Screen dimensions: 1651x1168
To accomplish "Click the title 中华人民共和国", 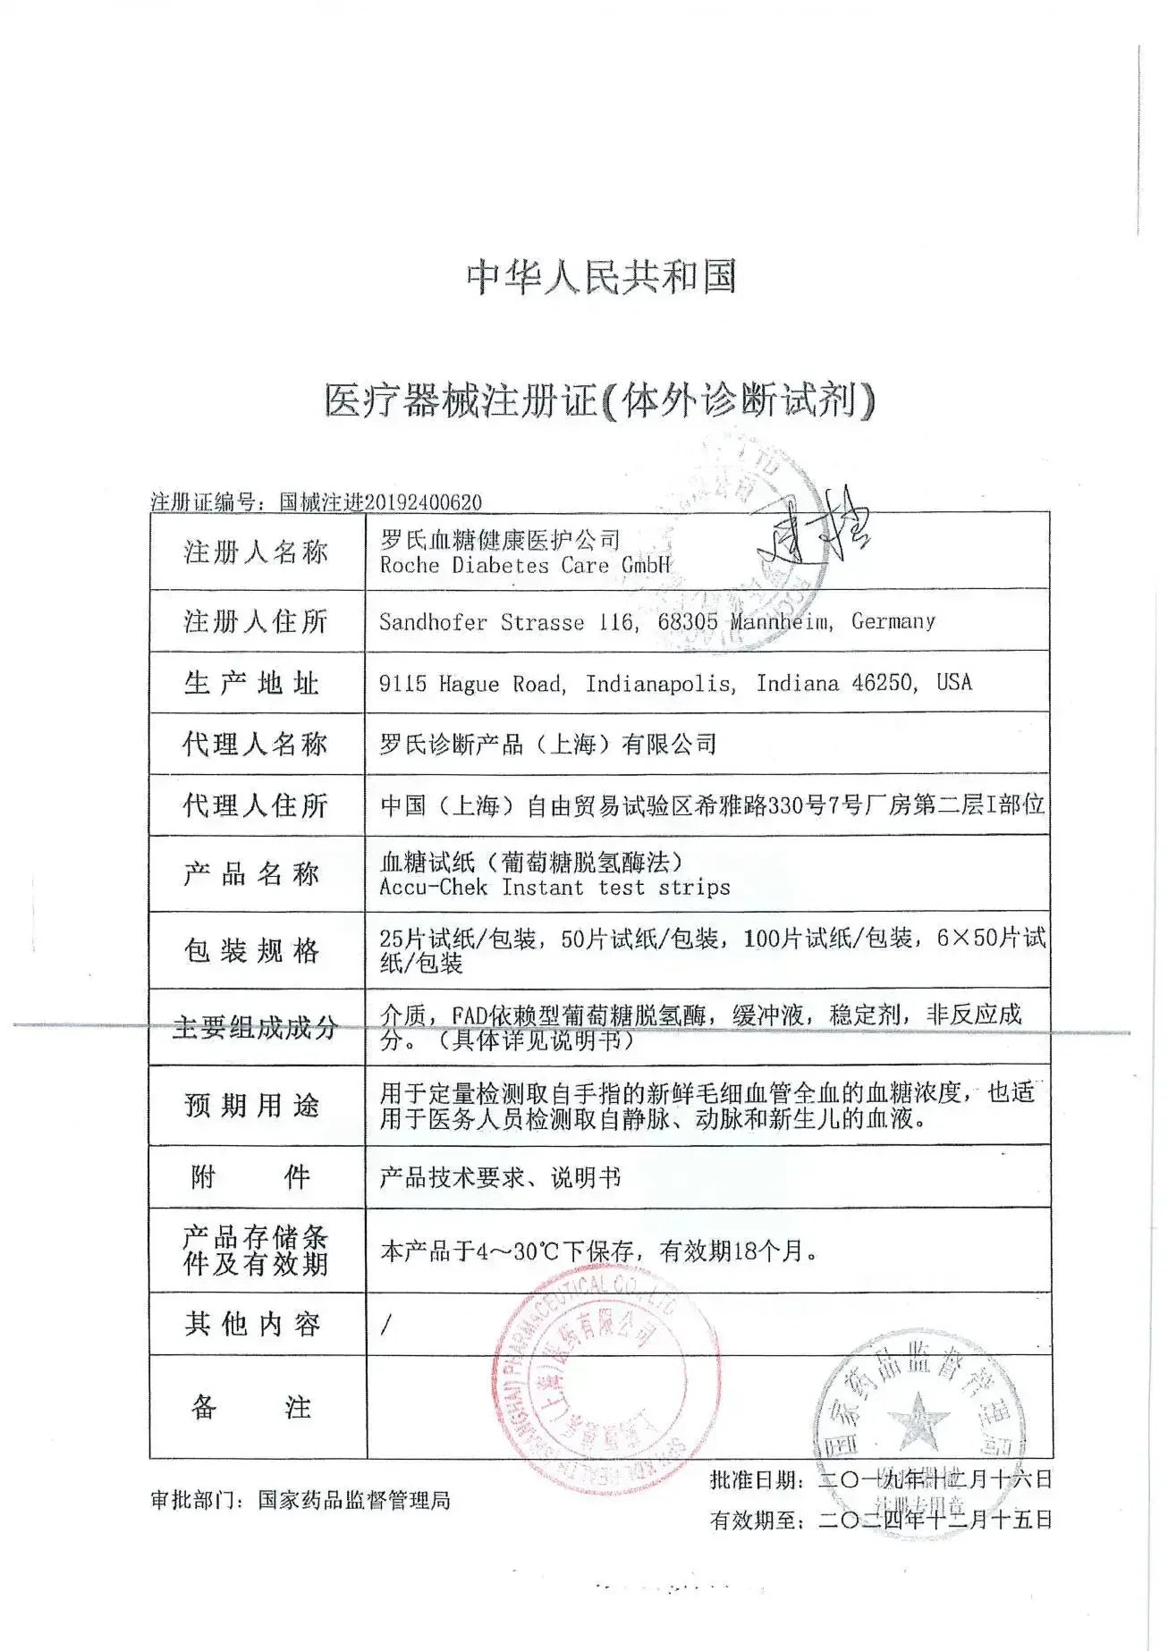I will (x=600, y=276).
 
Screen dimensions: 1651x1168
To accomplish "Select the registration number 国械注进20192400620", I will (x=380, y=502).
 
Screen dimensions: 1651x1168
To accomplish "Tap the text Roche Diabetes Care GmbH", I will (x=524, y=566).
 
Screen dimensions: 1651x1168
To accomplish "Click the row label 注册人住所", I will (x=256, y=621).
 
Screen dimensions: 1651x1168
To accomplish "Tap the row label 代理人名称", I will (x=256, y=744).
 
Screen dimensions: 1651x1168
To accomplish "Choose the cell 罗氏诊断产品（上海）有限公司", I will (x=548, y=744).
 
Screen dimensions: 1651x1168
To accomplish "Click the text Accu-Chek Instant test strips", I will (x=554, y=888).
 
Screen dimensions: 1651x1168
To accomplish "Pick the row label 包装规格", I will (x=252, y=950).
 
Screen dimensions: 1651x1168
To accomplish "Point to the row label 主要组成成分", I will (x=255, y=1027).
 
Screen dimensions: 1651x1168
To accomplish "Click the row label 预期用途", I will (x=252, y=1105).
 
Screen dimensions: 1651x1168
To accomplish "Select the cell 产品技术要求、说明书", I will (x=500, y=1177).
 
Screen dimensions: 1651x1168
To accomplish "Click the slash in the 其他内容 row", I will (x=385, y=1325).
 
